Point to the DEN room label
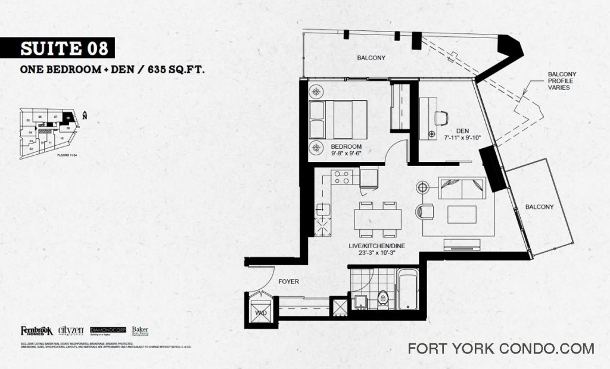click(x=463, y=131)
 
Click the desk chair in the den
click(x=441, y=118)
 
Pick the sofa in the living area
click(x=462, y=188)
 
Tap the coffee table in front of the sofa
click(x=462, y=214)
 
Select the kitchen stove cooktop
click(x=342, y=177)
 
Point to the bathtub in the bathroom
click(x=408, y=289)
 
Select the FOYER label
click(x=288, y=281)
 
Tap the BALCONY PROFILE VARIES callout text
click(x=562, y=81)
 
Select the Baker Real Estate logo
click(x=140, y=331)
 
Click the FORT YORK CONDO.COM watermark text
click(x=500, y=348)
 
